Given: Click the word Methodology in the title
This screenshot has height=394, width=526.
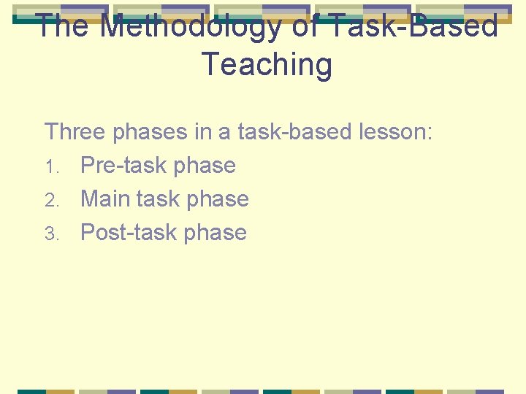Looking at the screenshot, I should (x=191, y=27).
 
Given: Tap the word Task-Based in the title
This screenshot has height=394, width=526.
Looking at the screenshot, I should (x=414, y=27).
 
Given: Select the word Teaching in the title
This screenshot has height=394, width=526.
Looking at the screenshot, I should (x=266, y=64).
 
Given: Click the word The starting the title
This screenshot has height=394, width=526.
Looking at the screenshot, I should (x=62, y=27).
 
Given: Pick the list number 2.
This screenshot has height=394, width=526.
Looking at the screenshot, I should (x=50, y=201).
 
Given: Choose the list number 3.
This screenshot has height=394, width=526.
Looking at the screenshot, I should (x=50, y=234).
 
